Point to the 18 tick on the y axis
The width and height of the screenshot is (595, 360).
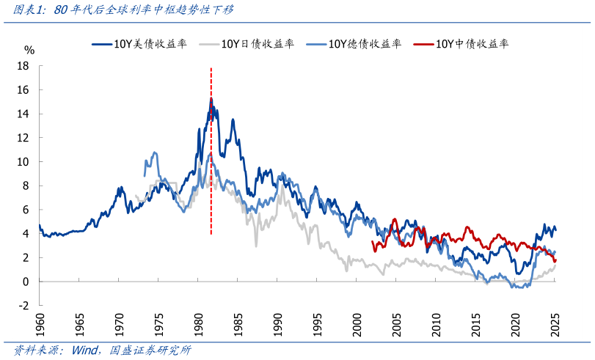[x=24, y=66]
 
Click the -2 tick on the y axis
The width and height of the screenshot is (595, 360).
[x=24, y=306]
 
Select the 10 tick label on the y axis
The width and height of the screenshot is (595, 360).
[x=24, y=162]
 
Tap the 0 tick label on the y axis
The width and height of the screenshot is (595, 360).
[x=26, y=282]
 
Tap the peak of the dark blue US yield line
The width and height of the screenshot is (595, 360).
[x=211, y=98]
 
